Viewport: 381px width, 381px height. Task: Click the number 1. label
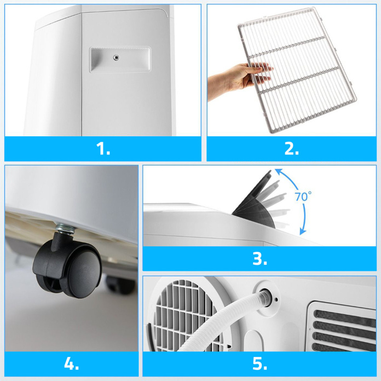[x=103, y=148]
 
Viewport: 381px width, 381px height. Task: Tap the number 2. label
[x=292, y=148]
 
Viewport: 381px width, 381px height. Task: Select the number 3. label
[x=260, y=258]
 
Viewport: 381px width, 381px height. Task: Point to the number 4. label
[x=71, y=363]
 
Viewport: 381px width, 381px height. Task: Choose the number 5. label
[x=260, y=363]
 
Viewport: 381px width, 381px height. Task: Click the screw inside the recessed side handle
[x=116, y=57]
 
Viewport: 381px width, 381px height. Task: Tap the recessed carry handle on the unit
[x=120, y=60]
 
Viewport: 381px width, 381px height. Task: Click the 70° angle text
[x=303, y=197]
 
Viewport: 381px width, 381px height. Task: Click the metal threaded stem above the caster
[x=65, y=229]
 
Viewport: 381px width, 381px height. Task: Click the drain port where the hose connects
[x=265, y=297]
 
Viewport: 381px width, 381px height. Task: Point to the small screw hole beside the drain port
[x=276, y=300]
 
